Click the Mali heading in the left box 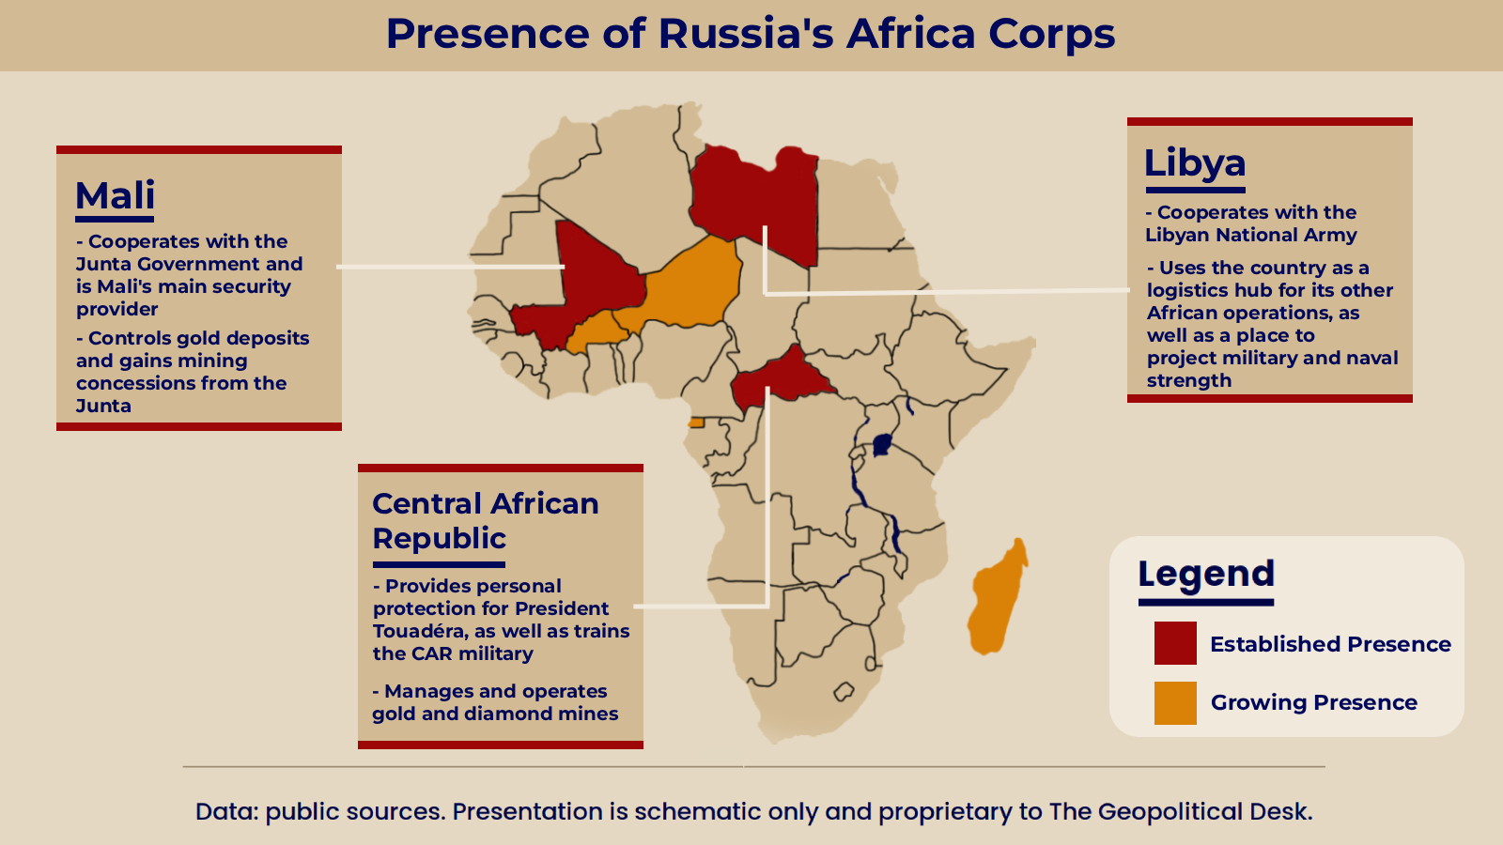(x=115, y=195)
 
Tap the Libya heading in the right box (x=1194, y=163)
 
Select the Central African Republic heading (x=485, y=520)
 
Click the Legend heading (x=1206, y=574)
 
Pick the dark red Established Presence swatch (x=1175, y=643)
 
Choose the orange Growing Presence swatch (x=1175, y=703)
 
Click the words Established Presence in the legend (x=1330, y=644)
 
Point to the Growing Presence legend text (x=1314, y=702)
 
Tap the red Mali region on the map (x=591, y=282)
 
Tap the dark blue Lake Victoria (x=882, y=445)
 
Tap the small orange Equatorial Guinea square (x=696, y=422)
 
